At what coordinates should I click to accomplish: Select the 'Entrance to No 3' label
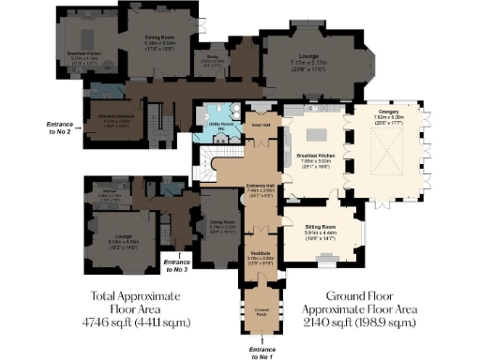click(x=175, y=264)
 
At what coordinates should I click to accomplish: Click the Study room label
click(x=214, y=59)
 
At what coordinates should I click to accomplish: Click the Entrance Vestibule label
click(x=113, y=119)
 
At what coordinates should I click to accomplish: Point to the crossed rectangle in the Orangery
click(x=394, y=146)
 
